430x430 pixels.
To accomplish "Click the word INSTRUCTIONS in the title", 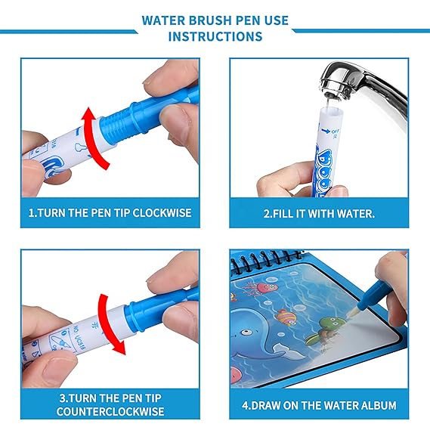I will [215, 36].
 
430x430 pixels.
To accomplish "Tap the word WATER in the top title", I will [166, 19].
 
